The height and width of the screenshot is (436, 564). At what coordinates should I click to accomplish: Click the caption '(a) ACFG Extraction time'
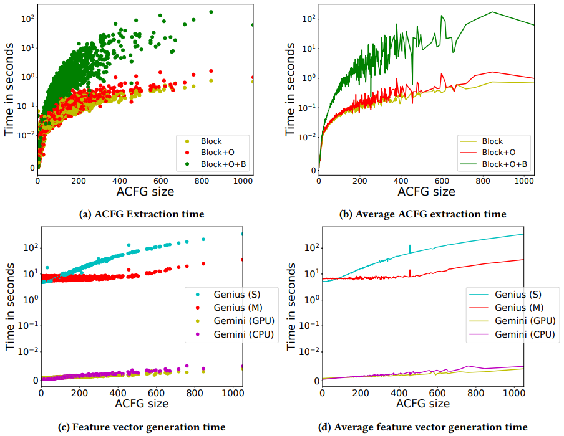[142, 214]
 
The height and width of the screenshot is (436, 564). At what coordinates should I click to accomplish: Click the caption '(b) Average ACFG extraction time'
[422, 214]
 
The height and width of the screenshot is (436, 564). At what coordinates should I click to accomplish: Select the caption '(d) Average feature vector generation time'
[422, 427]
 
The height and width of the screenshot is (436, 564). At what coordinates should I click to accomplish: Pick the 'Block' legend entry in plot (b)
[492, 141]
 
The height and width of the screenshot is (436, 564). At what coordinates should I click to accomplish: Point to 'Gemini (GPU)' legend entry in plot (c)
[225, 320]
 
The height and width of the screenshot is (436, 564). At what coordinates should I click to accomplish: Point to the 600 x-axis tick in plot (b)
[441, 181]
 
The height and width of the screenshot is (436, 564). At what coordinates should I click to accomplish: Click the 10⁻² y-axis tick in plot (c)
[28, 352]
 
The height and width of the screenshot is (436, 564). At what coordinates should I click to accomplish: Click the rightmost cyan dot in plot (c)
[243, 234]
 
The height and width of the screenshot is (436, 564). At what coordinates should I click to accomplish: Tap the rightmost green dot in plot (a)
[252, 25]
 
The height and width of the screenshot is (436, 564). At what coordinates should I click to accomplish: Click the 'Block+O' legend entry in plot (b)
[497, 152]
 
